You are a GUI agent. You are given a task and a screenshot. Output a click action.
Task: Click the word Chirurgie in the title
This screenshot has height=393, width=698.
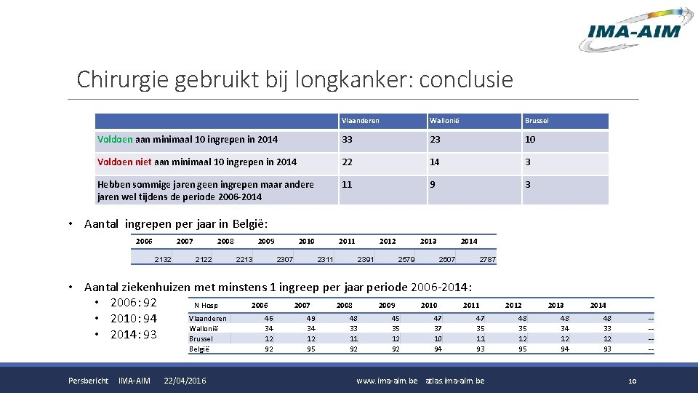coord(123,79)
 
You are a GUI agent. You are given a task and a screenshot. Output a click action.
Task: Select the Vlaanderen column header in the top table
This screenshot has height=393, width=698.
coord(361,121)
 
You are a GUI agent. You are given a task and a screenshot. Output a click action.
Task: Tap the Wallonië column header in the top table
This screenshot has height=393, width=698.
coord(444,121)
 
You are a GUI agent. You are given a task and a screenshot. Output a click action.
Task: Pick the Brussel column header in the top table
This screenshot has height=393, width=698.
coord(538,121)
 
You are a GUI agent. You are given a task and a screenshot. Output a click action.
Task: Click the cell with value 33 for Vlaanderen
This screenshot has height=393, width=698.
coord(348,140)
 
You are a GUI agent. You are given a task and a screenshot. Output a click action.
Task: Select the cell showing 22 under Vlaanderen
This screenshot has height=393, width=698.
coord(348,162)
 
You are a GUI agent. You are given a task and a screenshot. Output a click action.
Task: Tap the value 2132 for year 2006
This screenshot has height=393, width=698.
coord(163,258)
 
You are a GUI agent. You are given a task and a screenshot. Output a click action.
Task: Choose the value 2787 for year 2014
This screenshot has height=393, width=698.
coord(487,258)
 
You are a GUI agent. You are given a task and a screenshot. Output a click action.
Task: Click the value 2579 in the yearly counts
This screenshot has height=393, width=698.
coord(406,258)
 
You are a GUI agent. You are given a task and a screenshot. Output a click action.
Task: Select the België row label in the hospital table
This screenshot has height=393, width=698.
coord(198,349)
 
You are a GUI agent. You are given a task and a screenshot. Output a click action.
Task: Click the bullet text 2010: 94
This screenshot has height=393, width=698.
coord(133,319)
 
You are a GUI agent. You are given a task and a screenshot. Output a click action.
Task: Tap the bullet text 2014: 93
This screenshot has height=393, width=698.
coord(133,335)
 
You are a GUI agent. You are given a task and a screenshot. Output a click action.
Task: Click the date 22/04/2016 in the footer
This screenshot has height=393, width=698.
coord(185,381)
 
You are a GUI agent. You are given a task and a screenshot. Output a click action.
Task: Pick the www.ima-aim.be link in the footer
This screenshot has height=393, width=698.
coord(387,381)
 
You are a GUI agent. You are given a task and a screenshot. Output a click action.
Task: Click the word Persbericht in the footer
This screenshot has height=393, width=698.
coord(88,381)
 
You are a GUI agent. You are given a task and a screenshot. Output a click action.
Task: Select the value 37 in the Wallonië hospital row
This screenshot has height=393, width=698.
coord(437,328)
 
